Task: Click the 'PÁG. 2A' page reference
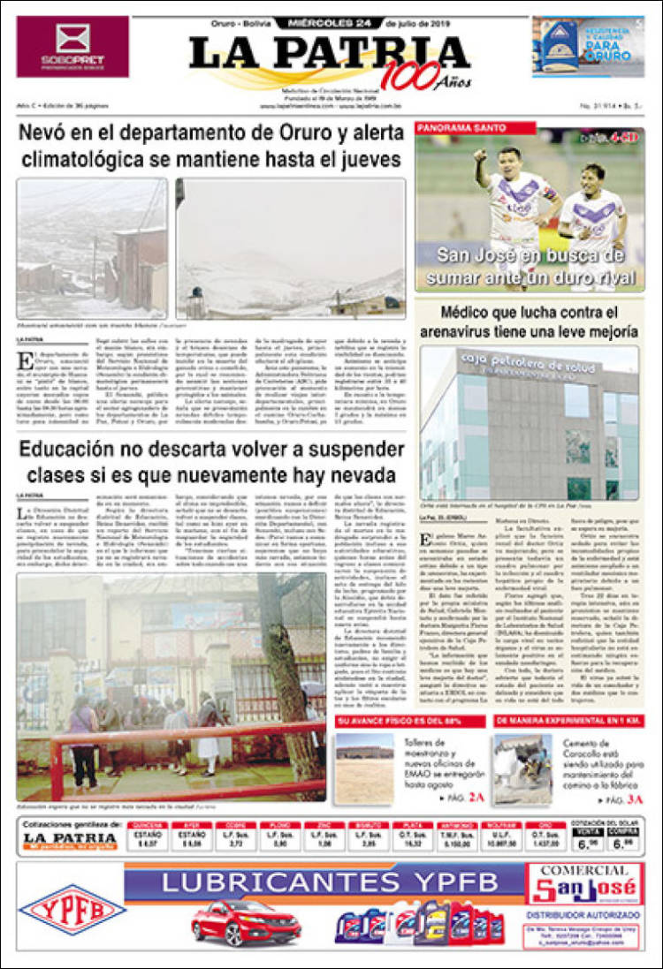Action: click(x=466, y=799)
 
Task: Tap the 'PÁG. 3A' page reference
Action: click(x=625, y=799)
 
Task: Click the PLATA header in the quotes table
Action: click(x=411, y=825)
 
